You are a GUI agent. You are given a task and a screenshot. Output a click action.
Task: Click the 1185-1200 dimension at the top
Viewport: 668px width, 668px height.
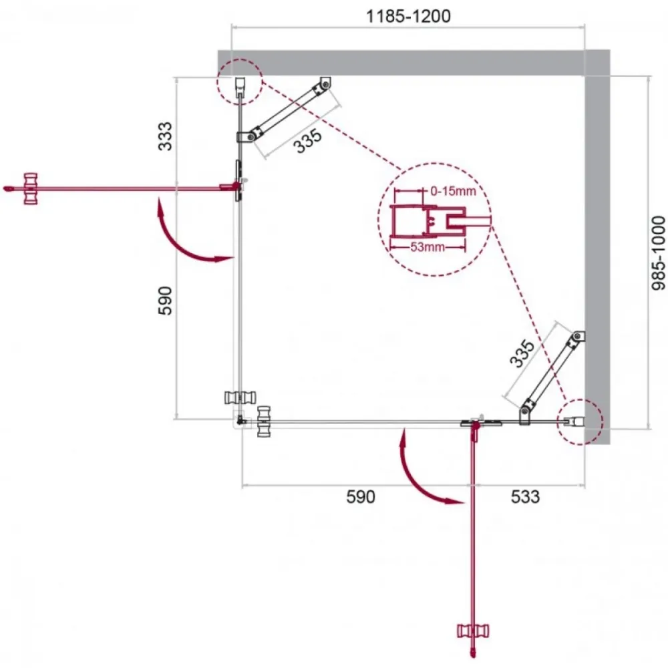408,16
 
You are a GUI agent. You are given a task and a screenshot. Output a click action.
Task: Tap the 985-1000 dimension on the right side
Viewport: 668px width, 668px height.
659,253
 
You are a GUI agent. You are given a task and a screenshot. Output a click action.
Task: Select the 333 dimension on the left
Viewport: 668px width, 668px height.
165,136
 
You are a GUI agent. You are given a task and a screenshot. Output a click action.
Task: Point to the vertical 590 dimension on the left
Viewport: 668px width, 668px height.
165,301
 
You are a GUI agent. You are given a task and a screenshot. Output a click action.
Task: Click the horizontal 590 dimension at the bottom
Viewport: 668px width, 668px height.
361,497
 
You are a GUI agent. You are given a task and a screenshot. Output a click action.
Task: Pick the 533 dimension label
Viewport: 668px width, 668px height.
525,497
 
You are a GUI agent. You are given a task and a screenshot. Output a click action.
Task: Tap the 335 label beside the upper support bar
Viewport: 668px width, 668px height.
308,141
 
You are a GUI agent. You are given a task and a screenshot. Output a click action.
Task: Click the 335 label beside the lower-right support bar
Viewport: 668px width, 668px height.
522,353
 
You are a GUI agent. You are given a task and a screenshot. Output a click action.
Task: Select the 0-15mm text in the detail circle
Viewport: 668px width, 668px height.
453,191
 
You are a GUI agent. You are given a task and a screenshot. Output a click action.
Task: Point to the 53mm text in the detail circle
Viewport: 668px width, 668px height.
428,246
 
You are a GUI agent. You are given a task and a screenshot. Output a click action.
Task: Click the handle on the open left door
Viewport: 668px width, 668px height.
31,189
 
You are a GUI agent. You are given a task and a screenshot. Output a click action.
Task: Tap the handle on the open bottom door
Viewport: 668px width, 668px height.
473,631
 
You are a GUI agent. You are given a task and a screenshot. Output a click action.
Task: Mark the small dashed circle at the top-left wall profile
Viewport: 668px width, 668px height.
239,81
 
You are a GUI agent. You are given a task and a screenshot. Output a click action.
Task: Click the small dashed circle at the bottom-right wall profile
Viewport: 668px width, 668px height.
580,422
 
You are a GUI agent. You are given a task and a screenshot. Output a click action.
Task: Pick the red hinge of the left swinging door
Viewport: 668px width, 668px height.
232,186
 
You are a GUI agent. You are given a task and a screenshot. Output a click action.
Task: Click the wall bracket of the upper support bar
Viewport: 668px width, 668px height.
325,83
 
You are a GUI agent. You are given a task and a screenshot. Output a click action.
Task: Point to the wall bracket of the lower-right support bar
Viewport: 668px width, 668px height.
578,337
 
